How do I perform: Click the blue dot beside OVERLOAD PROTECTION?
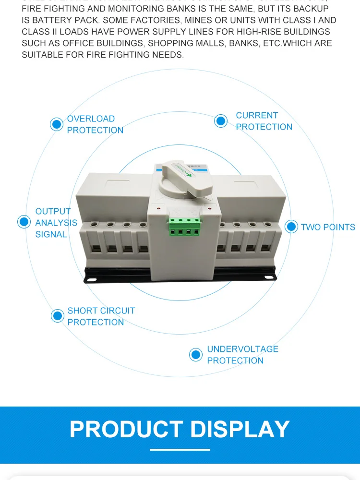(57, 124)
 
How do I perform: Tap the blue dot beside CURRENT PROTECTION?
(221, 121)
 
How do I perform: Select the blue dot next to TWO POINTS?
(291, 227)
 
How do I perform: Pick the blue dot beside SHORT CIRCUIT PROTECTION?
(58, 316)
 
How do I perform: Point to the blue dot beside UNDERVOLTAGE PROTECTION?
(196, 355)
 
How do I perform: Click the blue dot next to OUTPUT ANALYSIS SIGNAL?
(24, 222)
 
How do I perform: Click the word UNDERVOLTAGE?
(242, 349)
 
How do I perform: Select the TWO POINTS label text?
(328, 227)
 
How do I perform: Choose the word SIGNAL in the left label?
(51, 234)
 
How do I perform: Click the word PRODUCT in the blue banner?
(126, 429)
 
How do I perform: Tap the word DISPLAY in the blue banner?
(240, 429)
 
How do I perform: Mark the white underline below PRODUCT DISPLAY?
(180, 450)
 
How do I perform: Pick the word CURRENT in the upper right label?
(257, 115)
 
